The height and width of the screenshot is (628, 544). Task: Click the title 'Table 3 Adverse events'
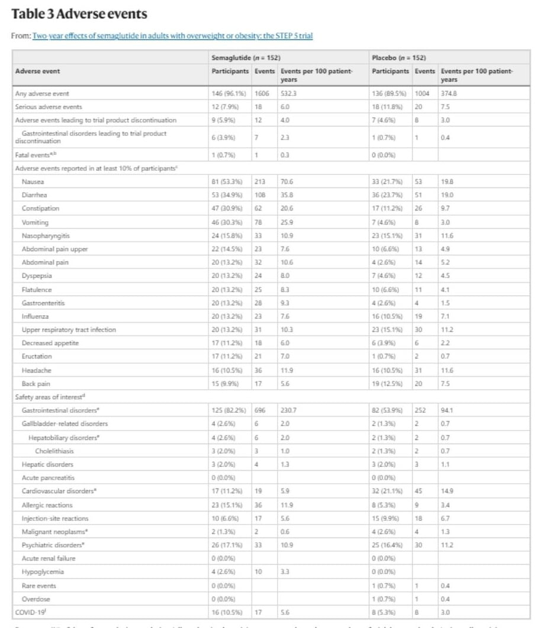(x=79, y=13)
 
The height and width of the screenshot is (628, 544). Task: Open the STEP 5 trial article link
(x=173, y=36)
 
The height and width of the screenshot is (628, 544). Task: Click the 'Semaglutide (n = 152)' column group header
(x=246, y=58)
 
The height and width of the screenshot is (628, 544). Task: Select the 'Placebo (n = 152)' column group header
(x=399, y=58)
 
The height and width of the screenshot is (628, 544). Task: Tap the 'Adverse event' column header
(x=38, y=72)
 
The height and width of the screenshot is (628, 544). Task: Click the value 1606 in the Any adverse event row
(x=263, y=93)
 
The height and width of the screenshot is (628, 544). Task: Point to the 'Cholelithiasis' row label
(x=57, y=451)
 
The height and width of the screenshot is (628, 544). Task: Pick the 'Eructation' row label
(x=37, y=356)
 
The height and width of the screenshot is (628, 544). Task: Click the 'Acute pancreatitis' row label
(x=49, y=477)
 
